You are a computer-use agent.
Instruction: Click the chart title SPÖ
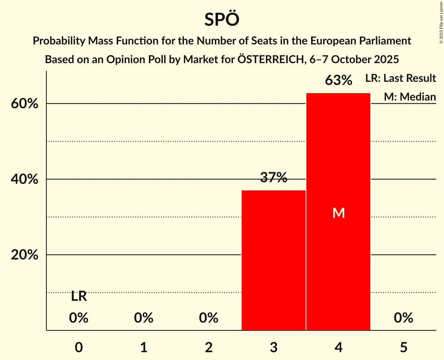tap(221, 19)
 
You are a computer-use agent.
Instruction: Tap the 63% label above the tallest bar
tap(338, 81)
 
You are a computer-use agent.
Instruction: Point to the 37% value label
tap(274, 178)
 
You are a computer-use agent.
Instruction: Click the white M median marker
tap(338, 213)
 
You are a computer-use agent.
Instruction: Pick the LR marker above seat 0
tap(79, 297)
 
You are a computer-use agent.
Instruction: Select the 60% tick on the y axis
tap(27, 104)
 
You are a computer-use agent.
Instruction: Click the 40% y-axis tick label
tap(27, 180)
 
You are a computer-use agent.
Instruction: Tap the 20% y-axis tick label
tap(27, 255)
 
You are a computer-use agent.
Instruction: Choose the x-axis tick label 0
tap(79, 348)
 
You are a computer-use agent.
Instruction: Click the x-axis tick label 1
tap(144, 348)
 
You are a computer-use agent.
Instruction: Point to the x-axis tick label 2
tap(209, 348)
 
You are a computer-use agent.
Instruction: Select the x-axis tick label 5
tap(403, 348)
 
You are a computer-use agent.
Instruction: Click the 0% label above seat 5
tap(403, 318)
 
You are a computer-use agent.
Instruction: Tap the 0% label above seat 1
tap(144, 318)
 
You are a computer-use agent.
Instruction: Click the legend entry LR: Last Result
tap(400, 78)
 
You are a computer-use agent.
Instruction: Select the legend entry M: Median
tap(410, 97)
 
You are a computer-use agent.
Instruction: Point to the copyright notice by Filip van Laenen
tap(441, 22)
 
